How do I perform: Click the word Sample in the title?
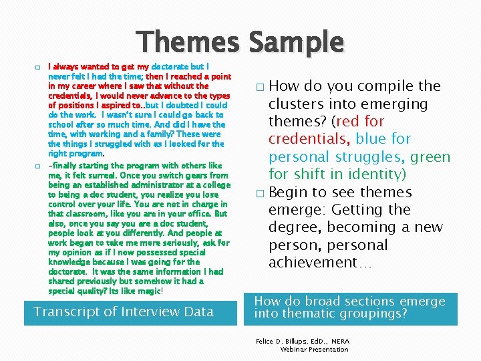coord(297,43)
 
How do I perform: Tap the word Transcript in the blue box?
coord(63,312)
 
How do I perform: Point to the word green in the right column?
coord(430,157)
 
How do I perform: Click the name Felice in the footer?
coord(268,341)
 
